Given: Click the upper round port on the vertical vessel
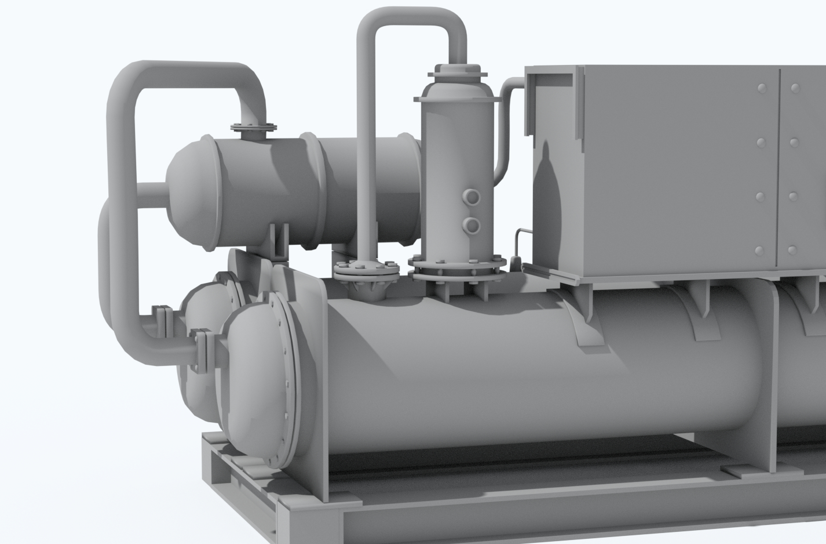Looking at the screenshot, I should pos(473,198).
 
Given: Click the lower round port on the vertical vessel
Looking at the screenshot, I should pos(473,225).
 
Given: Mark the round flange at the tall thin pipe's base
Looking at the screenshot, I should pos(366,270).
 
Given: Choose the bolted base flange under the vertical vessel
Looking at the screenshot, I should pos(458,268).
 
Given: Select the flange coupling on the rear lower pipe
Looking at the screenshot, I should pos(162,321).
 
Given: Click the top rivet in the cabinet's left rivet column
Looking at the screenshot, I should pos(762,88).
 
